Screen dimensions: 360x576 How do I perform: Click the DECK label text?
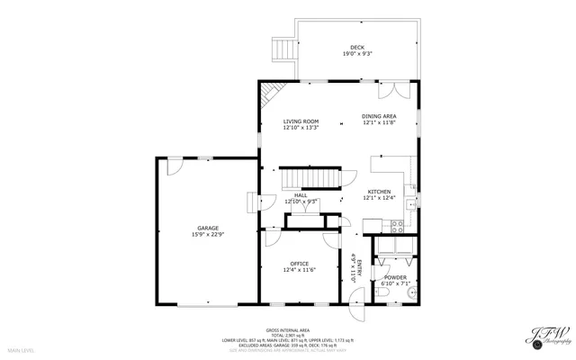coord(357,48)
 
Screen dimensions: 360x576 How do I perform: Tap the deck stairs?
coord(283,49)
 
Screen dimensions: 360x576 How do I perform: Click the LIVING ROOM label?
coord(301,121)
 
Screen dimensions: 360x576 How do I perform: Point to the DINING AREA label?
coord(379,116)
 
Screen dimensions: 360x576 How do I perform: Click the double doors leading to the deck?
coord(395,90)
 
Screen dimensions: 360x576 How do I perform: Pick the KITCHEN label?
coord(378,192)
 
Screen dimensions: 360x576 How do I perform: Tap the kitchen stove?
coord(372,225)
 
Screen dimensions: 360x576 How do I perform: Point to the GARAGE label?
coord(208,228)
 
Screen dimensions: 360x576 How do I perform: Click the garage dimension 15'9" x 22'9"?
coord(208,234)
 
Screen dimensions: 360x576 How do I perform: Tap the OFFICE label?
coord(299,264)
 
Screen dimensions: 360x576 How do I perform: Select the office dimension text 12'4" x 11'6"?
coord(299,270)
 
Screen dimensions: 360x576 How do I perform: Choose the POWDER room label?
coord(395,277)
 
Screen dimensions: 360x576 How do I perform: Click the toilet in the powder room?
coord(409,292)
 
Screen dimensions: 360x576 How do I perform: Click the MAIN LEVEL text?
coord(21,349)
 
